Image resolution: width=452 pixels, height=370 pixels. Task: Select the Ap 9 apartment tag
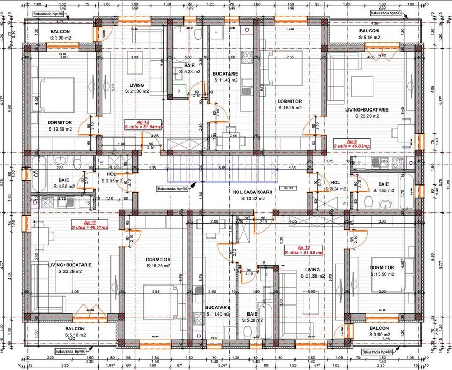point(352,141)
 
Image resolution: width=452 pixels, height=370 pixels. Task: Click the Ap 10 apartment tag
point(303,247)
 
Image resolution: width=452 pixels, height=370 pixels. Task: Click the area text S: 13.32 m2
point(254,199)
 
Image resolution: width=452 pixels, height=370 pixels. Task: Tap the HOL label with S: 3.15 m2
point(111,174)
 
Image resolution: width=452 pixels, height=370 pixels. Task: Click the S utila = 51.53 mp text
point(303,253)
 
